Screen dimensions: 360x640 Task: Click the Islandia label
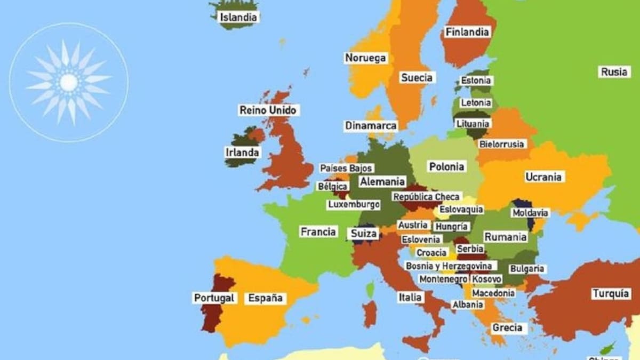tap(238, 17)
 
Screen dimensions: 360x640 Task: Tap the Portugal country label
tap(214, 298)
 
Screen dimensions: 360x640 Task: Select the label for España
tap(265, 298)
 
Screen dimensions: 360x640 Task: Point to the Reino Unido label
tap(269, 110)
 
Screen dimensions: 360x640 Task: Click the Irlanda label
tap(242, 153)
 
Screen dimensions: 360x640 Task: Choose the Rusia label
tap(614, 71)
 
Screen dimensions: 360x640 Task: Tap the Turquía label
tap(608, 293)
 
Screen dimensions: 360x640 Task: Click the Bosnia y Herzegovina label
tap(450, 266)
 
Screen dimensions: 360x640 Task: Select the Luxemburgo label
tap(354, 204)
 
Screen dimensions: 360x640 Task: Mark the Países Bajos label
tap(346, 168)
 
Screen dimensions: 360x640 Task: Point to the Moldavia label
tap(530, 213)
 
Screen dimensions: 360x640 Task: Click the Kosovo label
tap(486, 279)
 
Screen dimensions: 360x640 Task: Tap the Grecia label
tap(507, 327)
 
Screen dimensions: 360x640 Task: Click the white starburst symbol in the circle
tap(69, 82)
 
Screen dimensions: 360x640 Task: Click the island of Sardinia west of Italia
tap(370, 314)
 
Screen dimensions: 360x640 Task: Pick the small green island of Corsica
tap(370, 290)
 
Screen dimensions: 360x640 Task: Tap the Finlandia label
tap(467, 32)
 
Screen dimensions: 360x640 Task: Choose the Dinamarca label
tap(371, 126)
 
